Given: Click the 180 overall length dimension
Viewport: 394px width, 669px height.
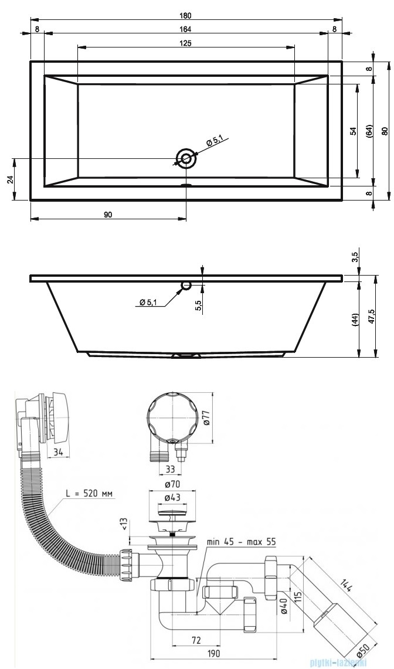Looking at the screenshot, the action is click(x=186, y=16).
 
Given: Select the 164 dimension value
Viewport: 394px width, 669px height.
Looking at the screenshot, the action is click(x=186, y=29).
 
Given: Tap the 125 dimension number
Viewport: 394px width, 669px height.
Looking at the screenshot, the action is click(x=186, y=43).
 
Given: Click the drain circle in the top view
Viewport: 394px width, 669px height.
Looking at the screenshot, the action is click(x=186, y=158).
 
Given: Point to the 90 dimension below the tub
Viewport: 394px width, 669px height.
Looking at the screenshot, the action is click(x=108, y=215).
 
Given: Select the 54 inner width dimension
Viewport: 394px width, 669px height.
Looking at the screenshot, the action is click(x=354, y=131).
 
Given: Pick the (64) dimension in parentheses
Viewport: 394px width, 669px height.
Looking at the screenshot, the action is click(x=370, y=132).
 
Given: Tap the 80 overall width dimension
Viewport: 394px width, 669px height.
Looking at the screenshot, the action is click(x=385, y=131).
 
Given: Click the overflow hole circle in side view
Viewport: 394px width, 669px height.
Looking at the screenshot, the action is click(x=186, y=286).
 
